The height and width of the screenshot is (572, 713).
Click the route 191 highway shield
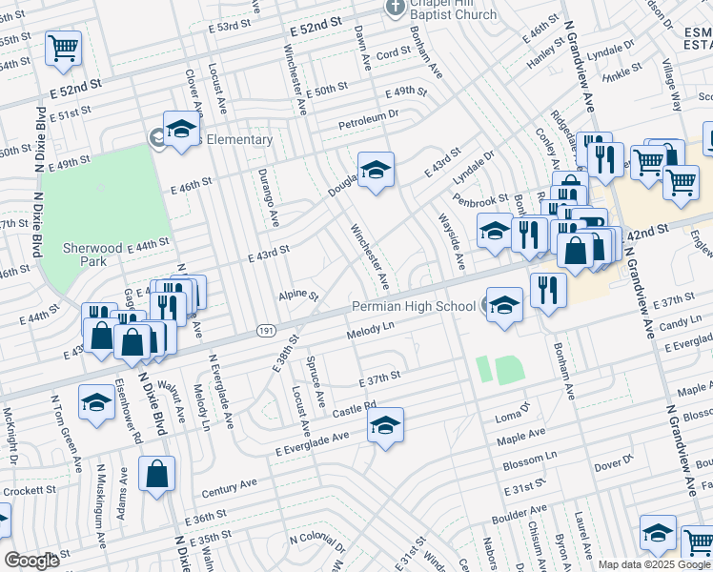[266, 330]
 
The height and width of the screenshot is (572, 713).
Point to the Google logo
[31, 561]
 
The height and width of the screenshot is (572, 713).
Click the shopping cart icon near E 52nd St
[63, 48]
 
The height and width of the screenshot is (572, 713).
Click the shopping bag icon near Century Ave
[156, 474]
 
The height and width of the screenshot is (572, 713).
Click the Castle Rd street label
[356, 410]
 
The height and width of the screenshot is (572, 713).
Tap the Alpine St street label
[297, 296]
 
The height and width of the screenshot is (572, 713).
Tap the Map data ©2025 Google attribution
[654, 564]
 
